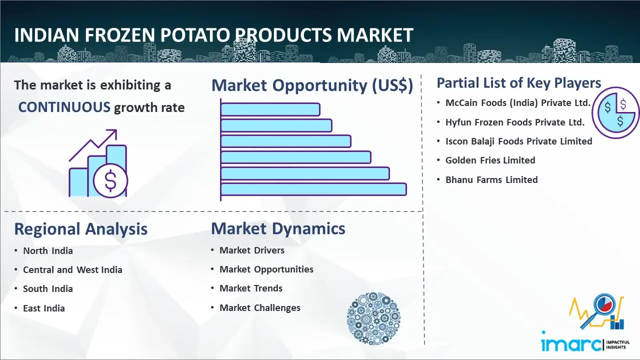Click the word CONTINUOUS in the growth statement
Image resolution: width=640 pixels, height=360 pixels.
pyautogui.click(x=64, y=107)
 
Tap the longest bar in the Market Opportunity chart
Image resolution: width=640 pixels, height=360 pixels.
pyautogui.click(x=313, y=189)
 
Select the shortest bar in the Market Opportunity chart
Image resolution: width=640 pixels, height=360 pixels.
pyautogui.click(x=270, y=109)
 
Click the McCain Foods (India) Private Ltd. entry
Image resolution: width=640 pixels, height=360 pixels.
pyautogui.click(x=517, y=103)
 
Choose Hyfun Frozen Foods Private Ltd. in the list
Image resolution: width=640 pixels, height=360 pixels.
pyautogui.click(x=515, y=122)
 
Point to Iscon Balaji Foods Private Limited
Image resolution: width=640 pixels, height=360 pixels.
pyautogui.click(x=519, y=141)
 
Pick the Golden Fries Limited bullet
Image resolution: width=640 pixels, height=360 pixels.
pyautogui.click(x=490, y=160)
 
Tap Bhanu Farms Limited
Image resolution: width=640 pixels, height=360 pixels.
pyautogui.click(x=491, y=179)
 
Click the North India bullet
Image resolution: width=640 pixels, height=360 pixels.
pyautogui.click(x=47, y=251)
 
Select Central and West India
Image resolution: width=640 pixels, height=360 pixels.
pyautogui.click(x=72, y=269)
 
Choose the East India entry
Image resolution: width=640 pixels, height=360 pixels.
pyautogui.click(x=43, y=308)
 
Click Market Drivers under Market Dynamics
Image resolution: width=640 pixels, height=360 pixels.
pyautogui.click(x=251, y=250)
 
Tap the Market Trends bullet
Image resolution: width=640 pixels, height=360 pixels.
pyautogui.click(x=251, y=288)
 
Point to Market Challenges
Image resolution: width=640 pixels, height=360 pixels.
pyautogui.click(x=259, y=307)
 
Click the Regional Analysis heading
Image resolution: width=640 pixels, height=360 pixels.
pyautogui.click(x=81, y=229)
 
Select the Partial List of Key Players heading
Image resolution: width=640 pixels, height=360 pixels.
pyautogui.click(x=519, y=83)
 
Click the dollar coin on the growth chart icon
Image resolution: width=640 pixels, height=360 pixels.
pyautogui.click(x=110, y=180)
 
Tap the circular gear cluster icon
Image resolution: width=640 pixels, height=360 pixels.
pyautogui.click(x=373, y=318)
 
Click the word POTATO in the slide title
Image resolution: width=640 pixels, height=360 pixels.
pyautogui.click(x=195, y=35)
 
